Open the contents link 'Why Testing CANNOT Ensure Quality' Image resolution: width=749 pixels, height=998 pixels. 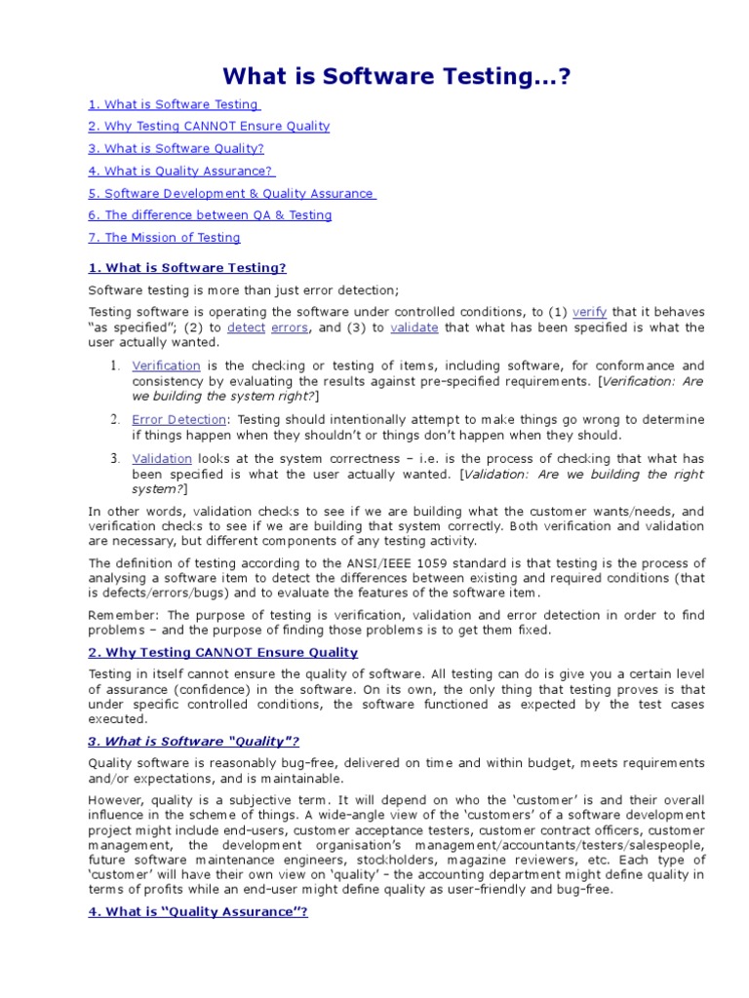coord(209,127)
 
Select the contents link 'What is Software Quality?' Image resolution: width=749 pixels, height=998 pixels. coord(176,149)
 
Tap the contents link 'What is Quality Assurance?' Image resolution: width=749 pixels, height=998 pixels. coord(180,172)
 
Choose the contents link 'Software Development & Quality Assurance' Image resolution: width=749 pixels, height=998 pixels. coord(231,194)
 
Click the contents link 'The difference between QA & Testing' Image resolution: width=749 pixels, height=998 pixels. coord(210,215)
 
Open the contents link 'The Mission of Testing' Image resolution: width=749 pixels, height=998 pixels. coord(164,238)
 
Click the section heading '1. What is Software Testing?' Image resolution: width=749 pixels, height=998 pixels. coord(187,268)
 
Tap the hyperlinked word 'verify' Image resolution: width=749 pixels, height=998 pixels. coord(590,313)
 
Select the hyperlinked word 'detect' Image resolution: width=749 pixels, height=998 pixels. coord(246,328)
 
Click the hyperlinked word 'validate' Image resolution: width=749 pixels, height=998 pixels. coord(414,328)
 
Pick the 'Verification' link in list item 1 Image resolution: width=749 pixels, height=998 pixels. coord(166,365)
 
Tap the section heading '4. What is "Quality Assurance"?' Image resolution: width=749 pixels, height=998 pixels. coord(198,913)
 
